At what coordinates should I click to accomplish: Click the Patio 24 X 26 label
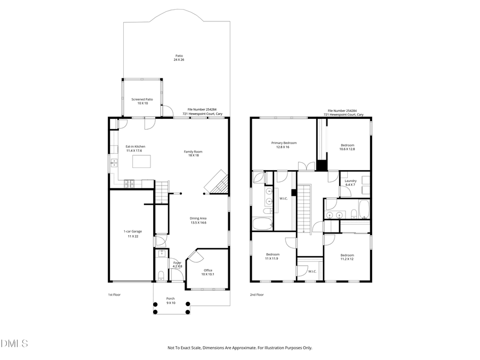(x=179, y=58)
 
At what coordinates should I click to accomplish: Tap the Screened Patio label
(x=142, y=101)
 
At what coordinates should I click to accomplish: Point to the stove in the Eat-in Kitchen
(x=130, y=184)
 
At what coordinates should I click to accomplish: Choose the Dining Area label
(x=198, y=220)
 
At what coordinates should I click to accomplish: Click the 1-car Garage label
(x=131, y=234)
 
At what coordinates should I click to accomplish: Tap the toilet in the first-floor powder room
(x=162, y=276)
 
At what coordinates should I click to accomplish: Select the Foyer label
(x=178, y=264)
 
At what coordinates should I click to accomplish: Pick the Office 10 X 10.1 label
(x=208, y=273)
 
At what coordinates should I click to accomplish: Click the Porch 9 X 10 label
(x=171, y=300)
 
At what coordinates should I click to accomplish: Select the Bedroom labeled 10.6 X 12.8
(x=347, y=147)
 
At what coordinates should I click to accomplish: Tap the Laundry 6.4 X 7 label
(x=350, y=182)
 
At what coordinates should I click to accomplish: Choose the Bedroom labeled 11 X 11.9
(x=272, y=257)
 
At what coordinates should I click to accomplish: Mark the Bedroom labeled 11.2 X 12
(x=347, y=257)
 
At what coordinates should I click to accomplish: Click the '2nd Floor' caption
(x=257, y=294)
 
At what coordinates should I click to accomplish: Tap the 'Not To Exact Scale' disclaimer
(x=240, y=348)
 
